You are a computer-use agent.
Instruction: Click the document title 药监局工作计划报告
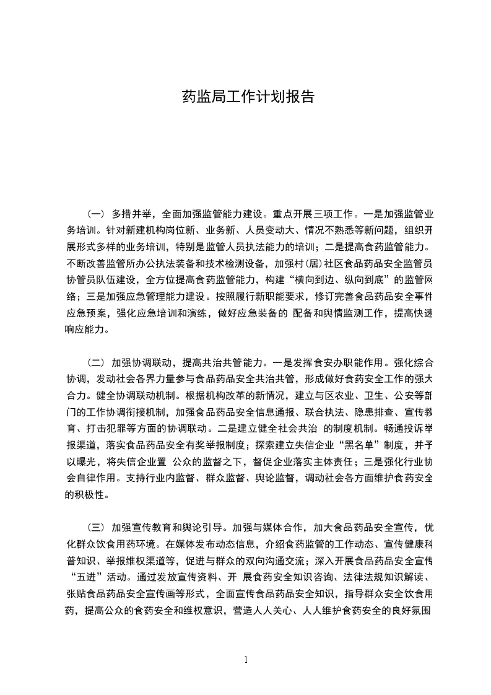[x=245, y=97]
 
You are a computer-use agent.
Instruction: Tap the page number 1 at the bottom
[x=246, y=660]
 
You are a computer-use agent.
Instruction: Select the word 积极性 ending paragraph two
[x=85, y=495]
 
